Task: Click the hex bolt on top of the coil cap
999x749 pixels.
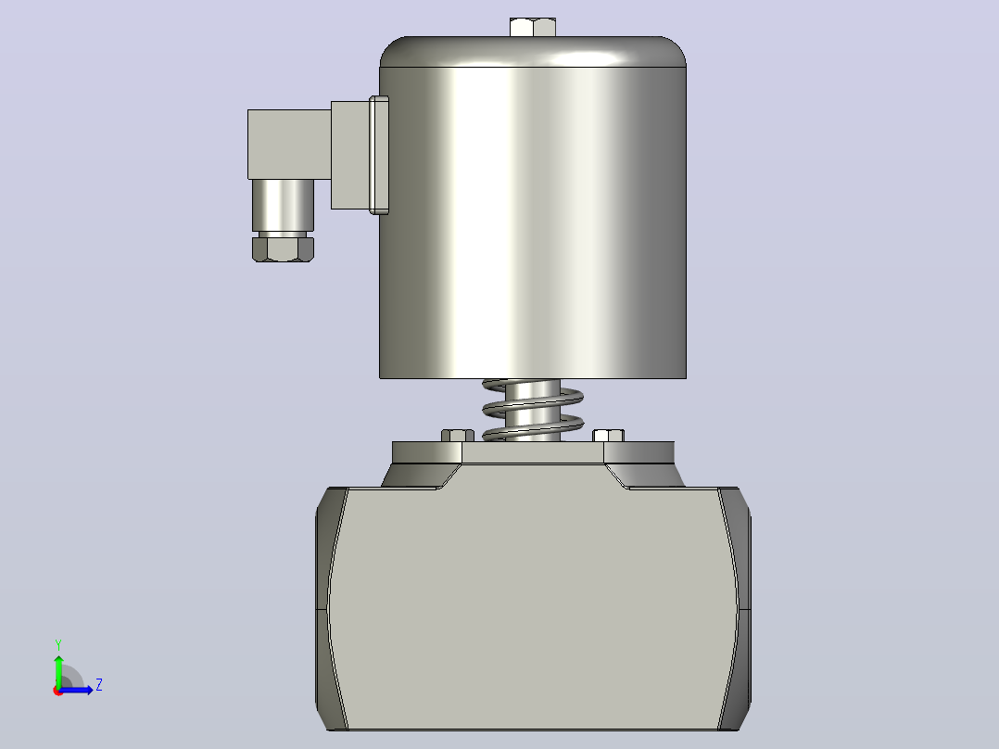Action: [533, 28]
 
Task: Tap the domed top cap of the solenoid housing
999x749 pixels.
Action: [533, 52]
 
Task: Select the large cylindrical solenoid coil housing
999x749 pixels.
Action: [533, 222]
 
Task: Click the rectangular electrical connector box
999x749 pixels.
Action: [289, 145]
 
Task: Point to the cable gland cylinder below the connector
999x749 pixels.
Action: [283, 205]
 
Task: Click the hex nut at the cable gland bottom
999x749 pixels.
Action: [283, 248]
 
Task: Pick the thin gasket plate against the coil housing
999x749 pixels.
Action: [379, 155]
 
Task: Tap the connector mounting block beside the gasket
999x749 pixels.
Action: [349, 155]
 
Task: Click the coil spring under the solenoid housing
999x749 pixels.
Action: [533, 410]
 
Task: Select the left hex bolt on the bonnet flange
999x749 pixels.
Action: [458, 436]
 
